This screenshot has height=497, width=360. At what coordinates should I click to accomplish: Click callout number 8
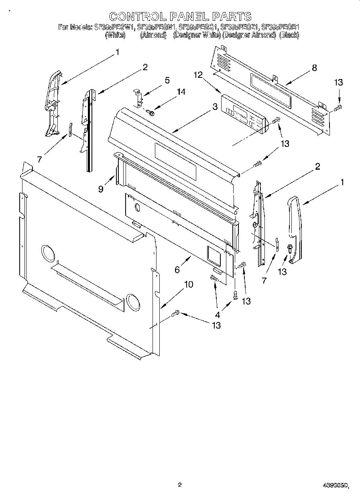314,68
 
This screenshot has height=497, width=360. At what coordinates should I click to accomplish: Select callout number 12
197,75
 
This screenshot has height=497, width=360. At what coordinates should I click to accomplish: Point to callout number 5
167,80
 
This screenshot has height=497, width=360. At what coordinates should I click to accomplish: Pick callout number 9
101,189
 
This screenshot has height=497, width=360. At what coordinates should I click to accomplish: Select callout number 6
177,270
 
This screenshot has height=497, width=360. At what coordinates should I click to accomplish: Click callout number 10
188,284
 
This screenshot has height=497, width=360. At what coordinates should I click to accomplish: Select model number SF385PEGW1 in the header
114,27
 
